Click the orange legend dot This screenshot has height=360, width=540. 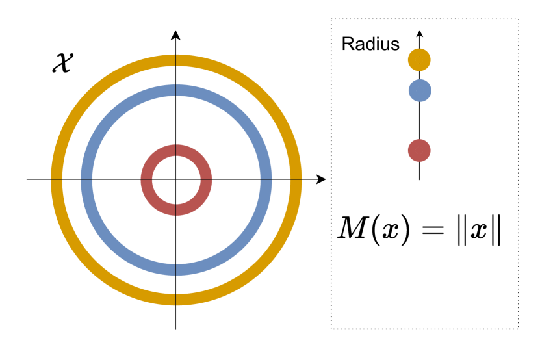coord(419,60)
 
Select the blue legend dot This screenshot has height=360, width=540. coord(420,90)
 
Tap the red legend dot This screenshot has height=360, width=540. coord(419,150)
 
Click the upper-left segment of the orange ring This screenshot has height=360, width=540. coord(91,95)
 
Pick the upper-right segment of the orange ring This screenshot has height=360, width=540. coord(261,95)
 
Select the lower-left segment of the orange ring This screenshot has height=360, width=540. coord(91,265)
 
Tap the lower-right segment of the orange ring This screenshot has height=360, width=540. coord(261,265)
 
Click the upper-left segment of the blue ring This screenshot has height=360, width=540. coord(112,116)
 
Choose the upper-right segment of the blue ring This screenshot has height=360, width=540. coord(240,116)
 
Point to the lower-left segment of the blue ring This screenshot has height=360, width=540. coord(112,244)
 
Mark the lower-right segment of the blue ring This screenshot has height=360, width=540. coord(240,244)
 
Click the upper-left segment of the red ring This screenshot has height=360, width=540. coord(155,159)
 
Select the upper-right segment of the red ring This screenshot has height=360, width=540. coord(198,159)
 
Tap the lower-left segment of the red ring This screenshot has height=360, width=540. coord(155,201)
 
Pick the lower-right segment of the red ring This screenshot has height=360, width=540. coord(198,201)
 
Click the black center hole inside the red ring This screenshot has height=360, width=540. coord(176,180)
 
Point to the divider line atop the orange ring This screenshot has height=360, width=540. coord(175,60)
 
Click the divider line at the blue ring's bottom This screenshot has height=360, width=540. coord(175,270)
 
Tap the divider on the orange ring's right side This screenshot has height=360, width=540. coord(296,179)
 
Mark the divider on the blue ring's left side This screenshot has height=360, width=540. coord(86,179)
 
